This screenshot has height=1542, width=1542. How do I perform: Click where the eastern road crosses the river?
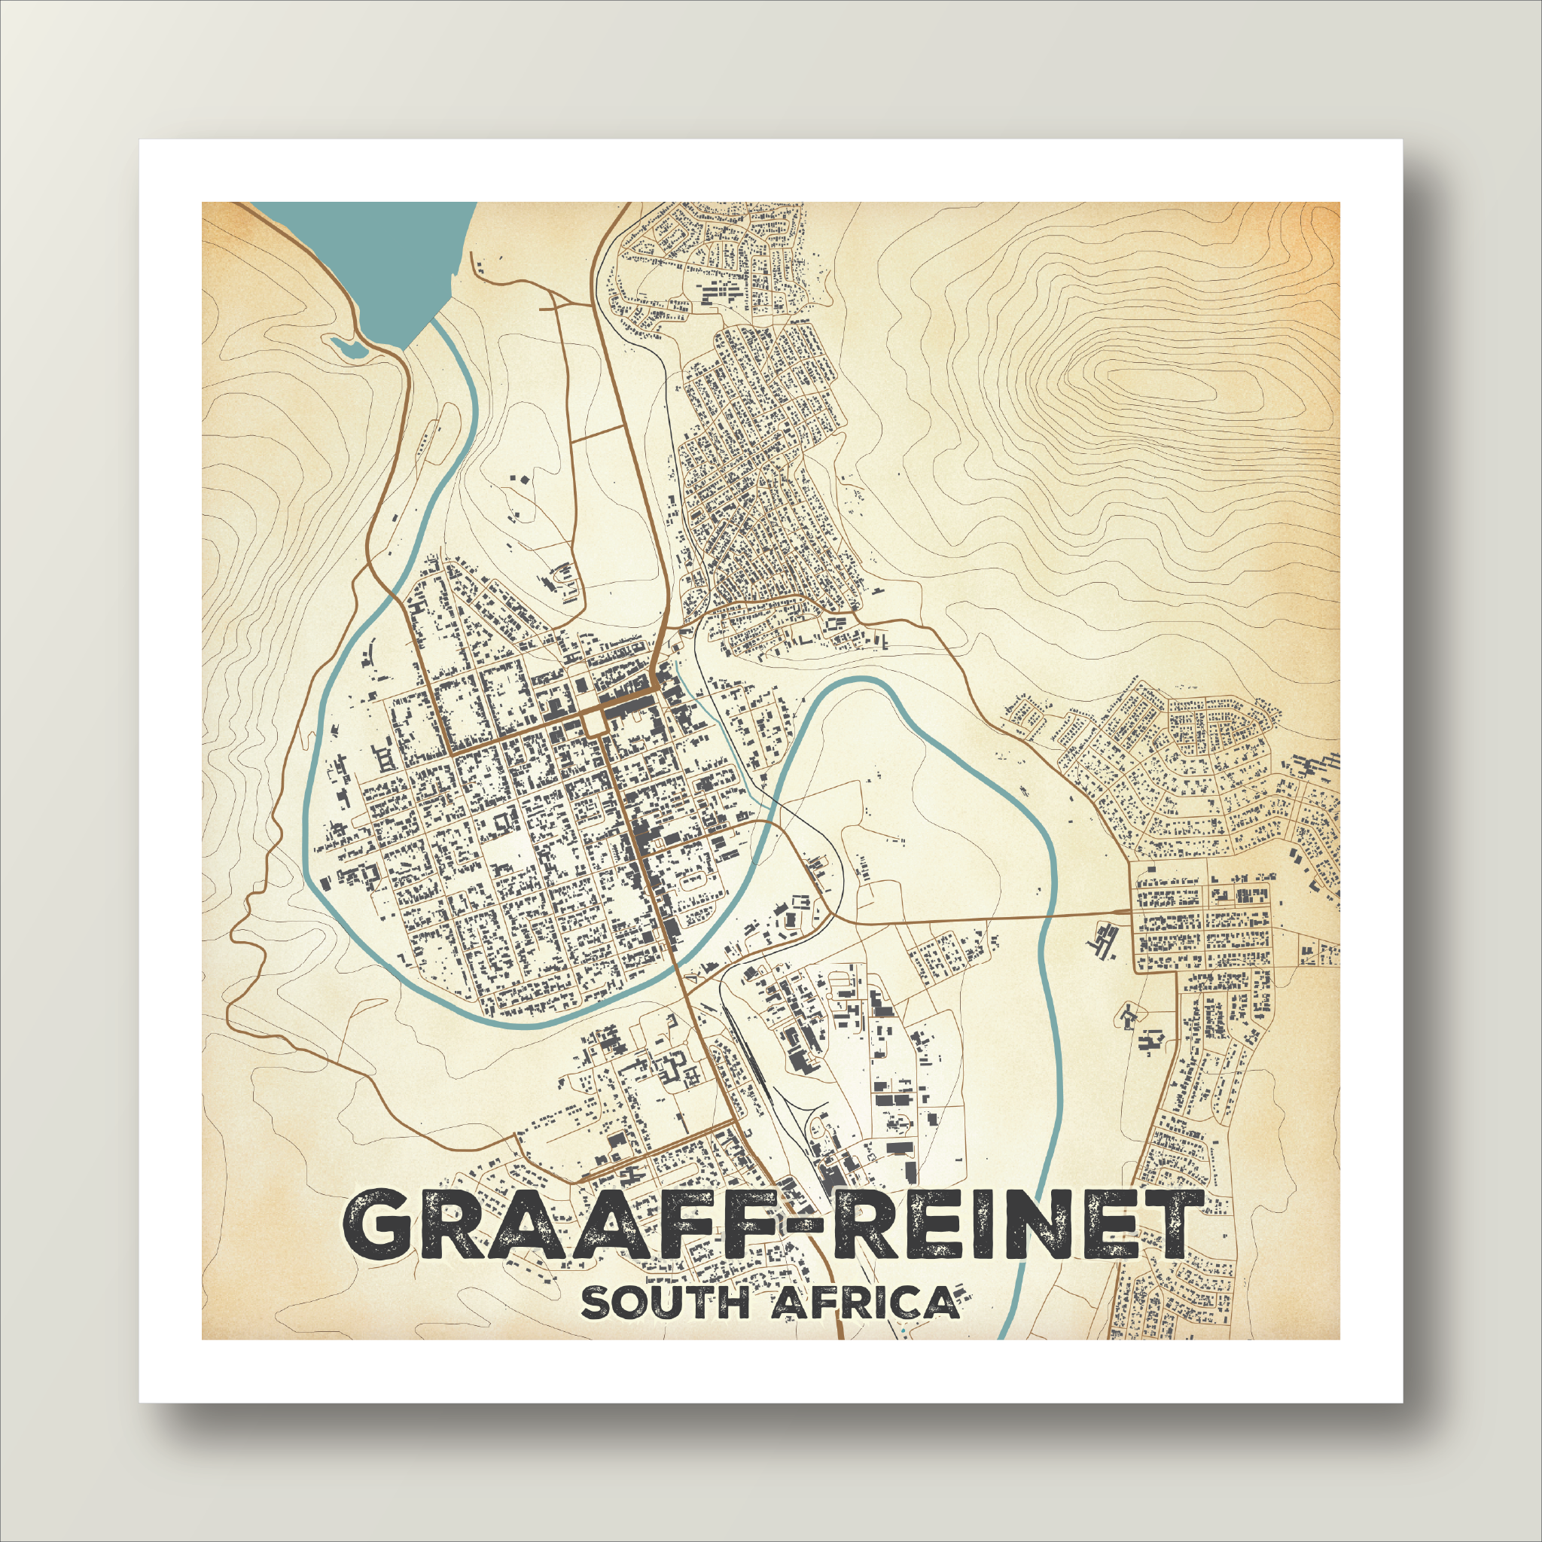(x=1052, y=918)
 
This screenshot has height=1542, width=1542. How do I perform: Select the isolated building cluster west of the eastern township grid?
(x=1103, y=942)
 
